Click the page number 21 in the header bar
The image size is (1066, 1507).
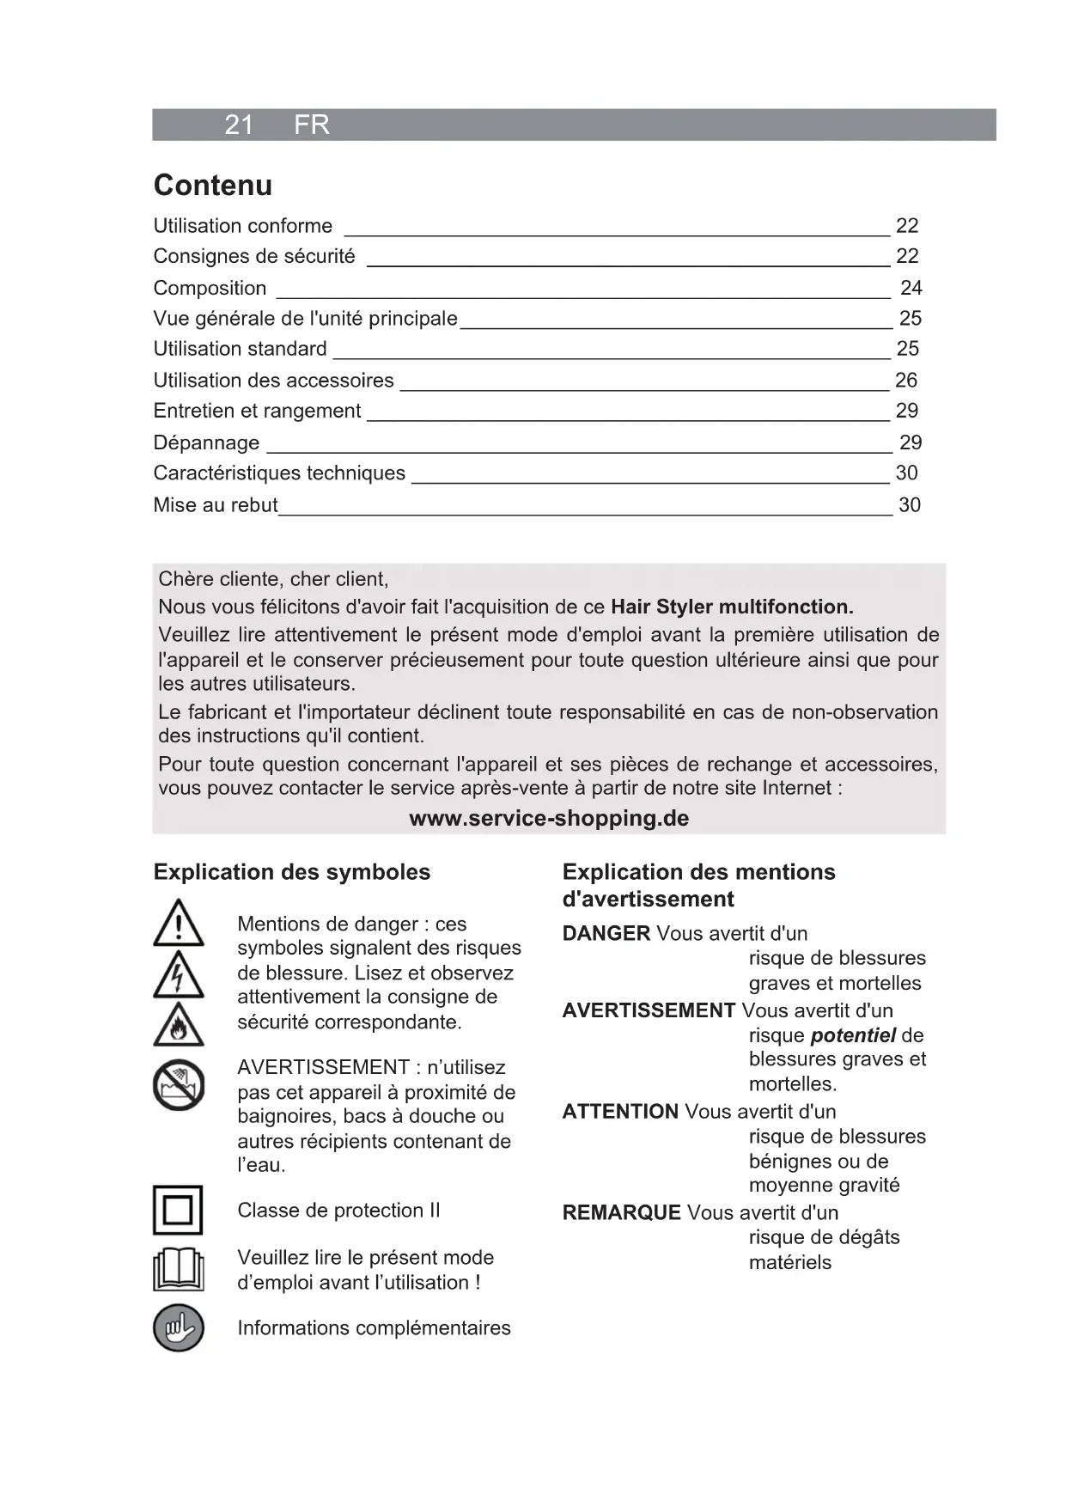click(x=239, y=125)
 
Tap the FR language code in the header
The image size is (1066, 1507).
click(x=311, y=125)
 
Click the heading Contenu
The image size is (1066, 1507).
click(x=212, y=186)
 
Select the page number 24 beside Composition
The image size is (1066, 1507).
click(x=911, y=288)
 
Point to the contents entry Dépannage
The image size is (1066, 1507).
click(x=206, y=442)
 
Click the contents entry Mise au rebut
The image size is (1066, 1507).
click(x=215, y=505)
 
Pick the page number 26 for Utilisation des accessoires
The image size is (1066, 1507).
click(x=905, y=380)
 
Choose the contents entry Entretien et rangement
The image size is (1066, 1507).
click(x=257, y=411)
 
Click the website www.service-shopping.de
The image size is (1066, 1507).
click(x=549, y=818)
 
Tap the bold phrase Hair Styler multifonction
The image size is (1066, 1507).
click(x=732, y=607)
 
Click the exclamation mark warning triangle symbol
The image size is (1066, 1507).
click(x=179, y=924)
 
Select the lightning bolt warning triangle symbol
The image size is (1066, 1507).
click(x=179, y=976)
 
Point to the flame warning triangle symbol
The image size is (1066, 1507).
click(x=179, y=1026)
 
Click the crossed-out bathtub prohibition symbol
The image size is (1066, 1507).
click(x=179, y=1085)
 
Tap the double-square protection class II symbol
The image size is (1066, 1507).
click(x=178, y=1210)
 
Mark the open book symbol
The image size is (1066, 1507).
click(x=179, y=1269)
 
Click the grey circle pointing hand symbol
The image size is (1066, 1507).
click(x=179, y=1327)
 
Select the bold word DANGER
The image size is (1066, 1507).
click(x=606, y=933)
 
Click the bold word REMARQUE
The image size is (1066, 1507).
click(x=621, y=1212)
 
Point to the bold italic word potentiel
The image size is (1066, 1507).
click(x=853, y=1035)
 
